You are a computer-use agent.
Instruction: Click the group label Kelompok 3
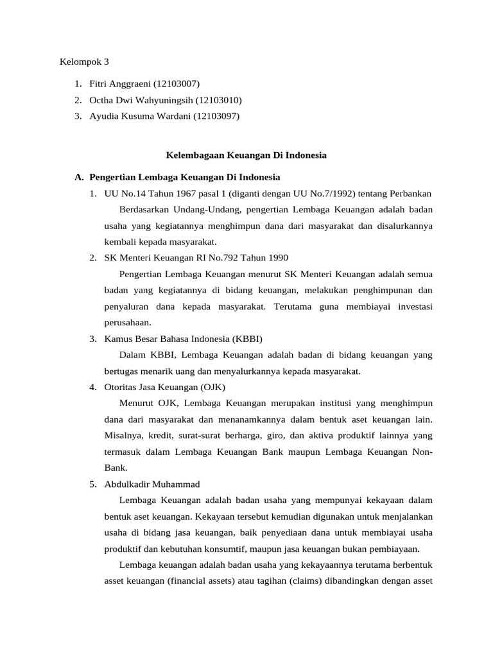coord(84,62)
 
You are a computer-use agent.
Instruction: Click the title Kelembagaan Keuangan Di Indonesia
coord(246,155)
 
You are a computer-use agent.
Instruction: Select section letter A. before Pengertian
coord(80,177)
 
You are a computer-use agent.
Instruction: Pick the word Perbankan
coord(410,194)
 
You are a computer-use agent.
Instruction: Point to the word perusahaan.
coord(128,323)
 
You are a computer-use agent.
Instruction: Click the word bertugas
coord(123,371)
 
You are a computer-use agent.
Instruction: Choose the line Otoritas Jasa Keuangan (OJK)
coord(165,387)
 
